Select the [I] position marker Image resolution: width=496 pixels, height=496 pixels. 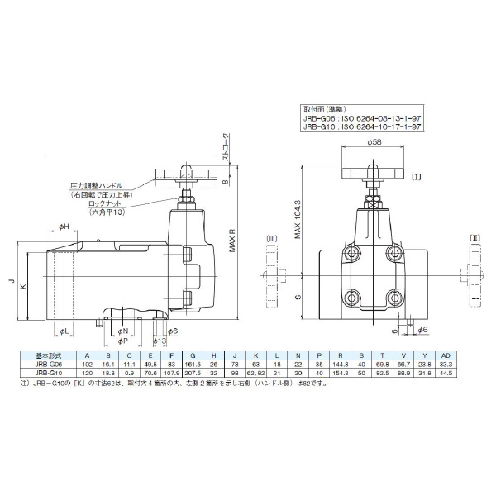click(x=417, y=176)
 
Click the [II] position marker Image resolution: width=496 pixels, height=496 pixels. click(x=474, y=239)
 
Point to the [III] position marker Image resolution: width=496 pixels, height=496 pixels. click(x=270, y=239)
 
